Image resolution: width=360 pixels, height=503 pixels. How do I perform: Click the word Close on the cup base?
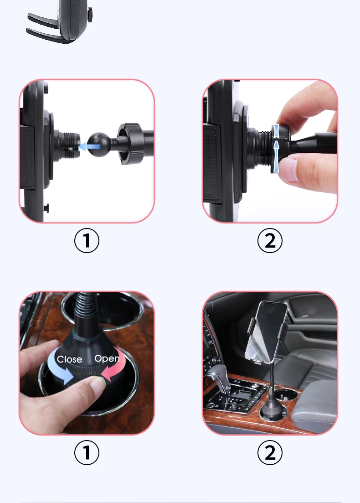click(x=69, y=359)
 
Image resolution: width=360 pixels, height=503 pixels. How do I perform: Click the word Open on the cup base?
click(x=107, y=358)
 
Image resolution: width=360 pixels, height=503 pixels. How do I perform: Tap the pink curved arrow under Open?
click(x=113, y=369)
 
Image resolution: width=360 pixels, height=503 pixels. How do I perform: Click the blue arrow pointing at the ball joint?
click(x=89, y=146)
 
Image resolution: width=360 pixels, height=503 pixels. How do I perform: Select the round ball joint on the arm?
click(x=98, y=145)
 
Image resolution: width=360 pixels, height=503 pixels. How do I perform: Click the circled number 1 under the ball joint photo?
click(x=87, y=241)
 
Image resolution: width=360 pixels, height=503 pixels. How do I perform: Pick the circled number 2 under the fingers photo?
click(x=270, y=241)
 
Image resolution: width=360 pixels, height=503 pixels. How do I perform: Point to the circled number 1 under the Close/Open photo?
click(x=87, y=452)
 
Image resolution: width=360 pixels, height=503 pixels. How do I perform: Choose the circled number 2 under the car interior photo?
click(x=270, y=452)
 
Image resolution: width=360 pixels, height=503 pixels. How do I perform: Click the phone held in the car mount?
click(x=266, y=332)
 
